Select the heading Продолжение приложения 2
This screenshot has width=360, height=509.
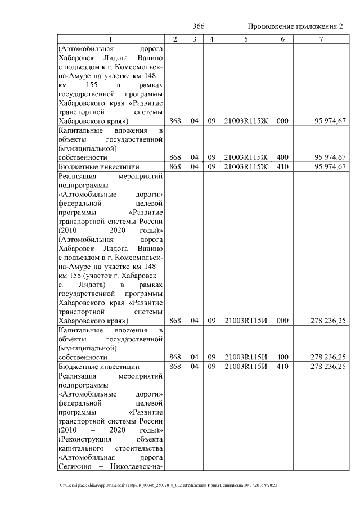coord(295,26)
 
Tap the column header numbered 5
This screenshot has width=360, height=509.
coord(246,39)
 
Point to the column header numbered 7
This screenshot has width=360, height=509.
coord(321,39)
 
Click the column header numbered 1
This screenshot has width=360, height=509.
coord(110,39)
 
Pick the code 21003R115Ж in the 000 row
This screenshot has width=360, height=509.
coord(246,121)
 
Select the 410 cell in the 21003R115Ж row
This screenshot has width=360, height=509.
coord(282,166)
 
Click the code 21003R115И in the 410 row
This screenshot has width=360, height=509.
coord(246,366)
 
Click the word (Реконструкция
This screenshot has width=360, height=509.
coord(85,439)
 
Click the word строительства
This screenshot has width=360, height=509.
coord(140,448)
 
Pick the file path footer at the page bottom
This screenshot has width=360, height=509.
coord(169,485)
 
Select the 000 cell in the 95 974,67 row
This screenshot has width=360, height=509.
coord(282,121)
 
